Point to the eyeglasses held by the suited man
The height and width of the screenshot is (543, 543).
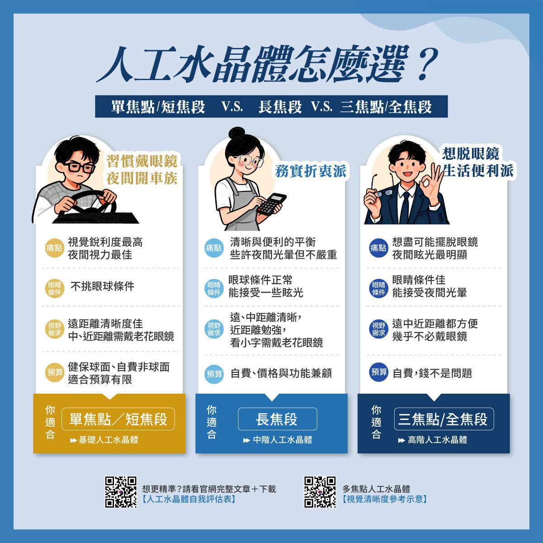pyautogui.click(x=382, y=186)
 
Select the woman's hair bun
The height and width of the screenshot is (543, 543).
pyautogui.click(x=237, y=133)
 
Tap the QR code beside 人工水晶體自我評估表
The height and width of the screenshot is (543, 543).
pyautogui.click(x=121, y=492)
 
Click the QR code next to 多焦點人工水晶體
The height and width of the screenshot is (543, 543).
pyautogui.click(x=320, y=492)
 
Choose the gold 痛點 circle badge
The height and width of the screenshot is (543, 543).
pyautogui.click(x=54, y=248)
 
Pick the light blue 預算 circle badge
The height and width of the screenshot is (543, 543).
pyautogui.click(x=214, y=374)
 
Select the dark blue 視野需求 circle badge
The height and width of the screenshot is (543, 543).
pyautogui.click(x=378, y=329)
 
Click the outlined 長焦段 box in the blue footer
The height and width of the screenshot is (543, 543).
pyautogui.click(x=277, y=419)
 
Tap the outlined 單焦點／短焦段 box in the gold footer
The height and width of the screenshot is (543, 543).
pyautogui.click(x=118, y=419)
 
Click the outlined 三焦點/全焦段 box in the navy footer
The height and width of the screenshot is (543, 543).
pyautogui.click(x=444, y=419)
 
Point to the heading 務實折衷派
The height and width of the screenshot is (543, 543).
pyautogui.click(x=311, y=171)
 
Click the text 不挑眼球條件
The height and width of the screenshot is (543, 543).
pyautogui.click(x=103, y=286)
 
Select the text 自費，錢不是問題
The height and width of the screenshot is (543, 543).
pyautogui.click(x=432, y=373)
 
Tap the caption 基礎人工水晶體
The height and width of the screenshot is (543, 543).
pyautogui.click(x=109, y=440)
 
